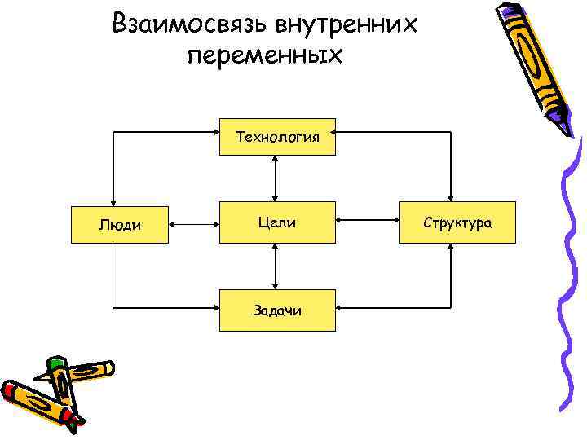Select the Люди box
[120, 222]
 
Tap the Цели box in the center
[276, 222]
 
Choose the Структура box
[457, 222]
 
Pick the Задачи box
[276, 310]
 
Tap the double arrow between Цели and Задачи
[276, 266]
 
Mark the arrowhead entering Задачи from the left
[213, 307]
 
